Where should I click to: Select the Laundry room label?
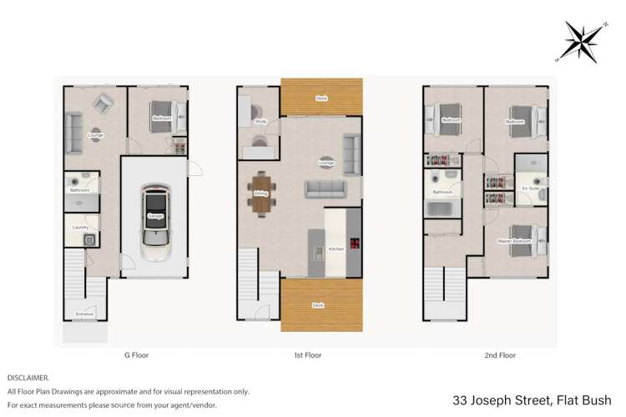click(81, 227)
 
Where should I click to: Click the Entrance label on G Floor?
click(85, 314)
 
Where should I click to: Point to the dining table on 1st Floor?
click(260, 193)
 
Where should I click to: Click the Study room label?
click(260, 123)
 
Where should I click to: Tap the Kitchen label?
click(336, 249)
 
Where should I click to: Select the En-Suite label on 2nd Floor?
click(530, 189)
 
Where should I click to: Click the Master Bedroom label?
click(514, 242)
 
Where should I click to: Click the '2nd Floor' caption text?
click(499, 354)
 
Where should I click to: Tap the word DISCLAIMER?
click(28, 377)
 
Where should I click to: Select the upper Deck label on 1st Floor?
click(321, 98)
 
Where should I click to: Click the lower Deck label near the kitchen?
click(318, 305)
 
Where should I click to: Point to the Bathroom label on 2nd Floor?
click(442, 193)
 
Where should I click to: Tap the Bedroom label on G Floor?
click(161, 119)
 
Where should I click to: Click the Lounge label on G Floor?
click(95, 133)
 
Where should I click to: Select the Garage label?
click(155, 216)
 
